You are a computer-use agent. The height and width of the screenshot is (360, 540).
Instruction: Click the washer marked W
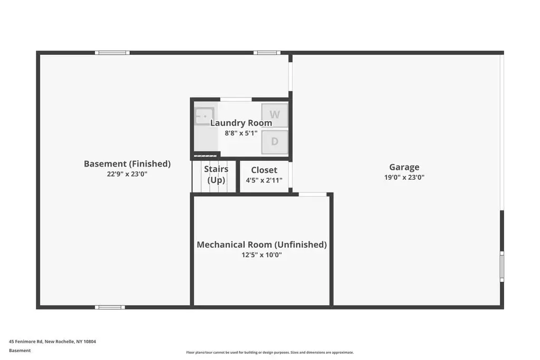pyautogui.click(x=274, y=115)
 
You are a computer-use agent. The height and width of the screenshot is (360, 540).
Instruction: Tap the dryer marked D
pyautogui.click(x=274, y=141)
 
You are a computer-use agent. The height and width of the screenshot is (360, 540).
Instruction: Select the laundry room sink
pyautogui.click(x=205, y=116)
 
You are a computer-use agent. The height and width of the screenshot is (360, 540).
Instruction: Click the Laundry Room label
pyautogui.click(x=241, y=123)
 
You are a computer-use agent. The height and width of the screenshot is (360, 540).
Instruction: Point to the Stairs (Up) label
pyautogui.click(x=216, y=174)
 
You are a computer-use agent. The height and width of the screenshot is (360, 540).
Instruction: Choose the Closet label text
pyautogui.click(x=264, y=170)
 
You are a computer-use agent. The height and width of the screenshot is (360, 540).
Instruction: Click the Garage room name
pyautogui.click(x=404, y=167)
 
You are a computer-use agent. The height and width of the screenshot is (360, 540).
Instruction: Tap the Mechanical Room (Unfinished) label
pyautogui.click(x=262, y=245)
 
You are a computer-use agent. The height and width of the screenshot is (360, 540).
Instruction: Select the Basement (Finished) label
pyautogui.click(x=127, y=164)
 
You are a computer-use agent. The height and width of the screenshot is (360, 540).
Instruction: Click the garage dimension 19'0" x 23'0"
pyautogui.click(x=404, y=178)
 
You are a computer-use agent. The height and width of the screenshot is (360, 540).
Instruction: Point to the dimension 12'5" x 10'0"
pyautogui.click(x=262, y=255)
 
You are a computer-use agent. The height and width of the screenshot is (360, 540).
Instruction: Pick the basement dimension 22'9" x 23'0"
pyautogui.click(x=127, y=174)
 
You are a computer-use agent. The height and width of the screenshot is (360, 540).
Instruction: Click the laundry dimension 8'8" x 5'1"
pyautogui.click(x=241, y=133)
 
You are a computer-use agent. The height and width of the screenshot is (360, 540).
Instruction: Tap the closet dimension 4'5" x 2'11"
pyautogui.click(x=264, y=180)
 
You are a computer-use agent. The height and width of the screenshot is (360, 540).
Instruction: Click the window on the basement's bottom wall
pyautogui.click(x=110, y=307)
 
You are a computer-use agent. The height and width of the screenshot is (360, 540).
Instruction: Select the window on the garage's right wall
pyautogui.click(x=502, y=267)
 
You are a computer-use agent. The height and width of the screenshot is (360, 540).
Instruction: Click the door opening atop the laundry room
pyautogui.click(x=236, y=100)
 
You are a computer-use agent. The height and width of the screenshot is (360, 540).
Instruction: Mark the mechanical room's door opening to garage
pyautogui.click(x=312, y=194)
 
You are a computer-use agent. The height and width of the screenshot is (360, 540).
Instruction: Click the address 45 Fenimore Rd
pyautogui.click(x=26, y=342)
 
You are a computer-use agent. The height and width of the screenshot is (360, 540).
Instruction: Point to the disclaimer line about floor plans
pyautogui.click(x=270, y=353)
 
